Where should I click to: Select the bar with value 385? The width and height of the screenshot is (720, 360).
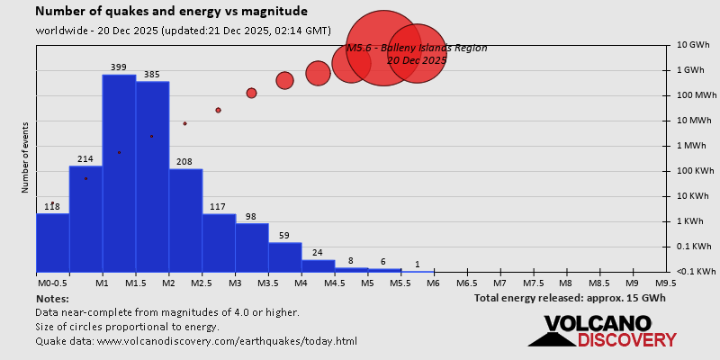[152, 176]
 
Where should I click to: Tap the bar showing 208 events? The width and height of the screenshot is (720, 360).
[185, 220]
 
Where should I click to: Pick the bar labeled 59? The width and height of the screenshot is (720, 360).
[285, 256]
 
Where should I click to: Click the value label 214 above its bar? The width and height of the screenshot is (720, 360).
[85, 159]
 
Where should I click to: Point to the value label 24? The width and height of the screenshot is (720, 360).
[318, 253]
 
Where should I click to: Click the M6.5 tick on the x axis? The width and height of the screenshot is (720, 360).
[466, 283]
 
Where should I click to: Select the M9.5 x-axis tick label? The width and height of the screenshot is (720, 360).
[666, 283]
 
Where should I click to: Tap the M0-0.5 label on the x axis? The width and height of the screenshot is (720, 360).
[50, 283]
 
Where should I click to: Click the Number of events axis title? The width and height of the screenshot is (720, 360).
[25, 159]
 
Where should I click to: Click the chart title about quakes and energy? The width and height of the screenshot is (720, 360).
[171, 12]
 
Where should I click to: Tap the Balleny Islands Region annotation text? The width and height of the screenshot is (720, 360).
[416, 48]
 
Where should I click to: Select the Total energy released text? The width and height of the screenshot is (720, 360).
[570, 298]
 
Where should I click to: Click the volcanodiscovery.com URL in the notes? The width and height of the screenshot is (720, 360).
[227, 341]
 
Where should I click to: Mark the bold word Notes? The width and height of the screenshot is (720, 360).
[52, 298]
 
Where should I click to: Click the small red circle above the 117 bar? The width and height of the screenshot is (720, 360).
[218, 110]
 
